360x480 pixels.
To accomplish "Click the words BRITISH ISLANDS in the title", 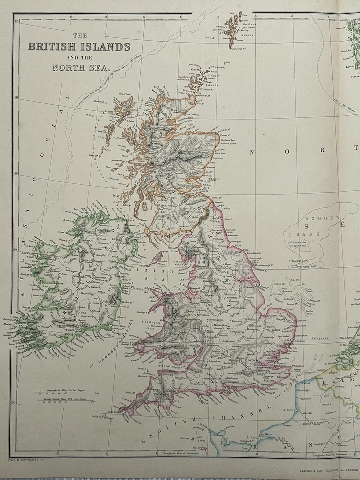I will pyautogui.click(x=79, y=47).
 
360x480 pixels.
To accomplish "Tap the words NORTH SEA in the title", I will pyautogui.click(x=80, y=68).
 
